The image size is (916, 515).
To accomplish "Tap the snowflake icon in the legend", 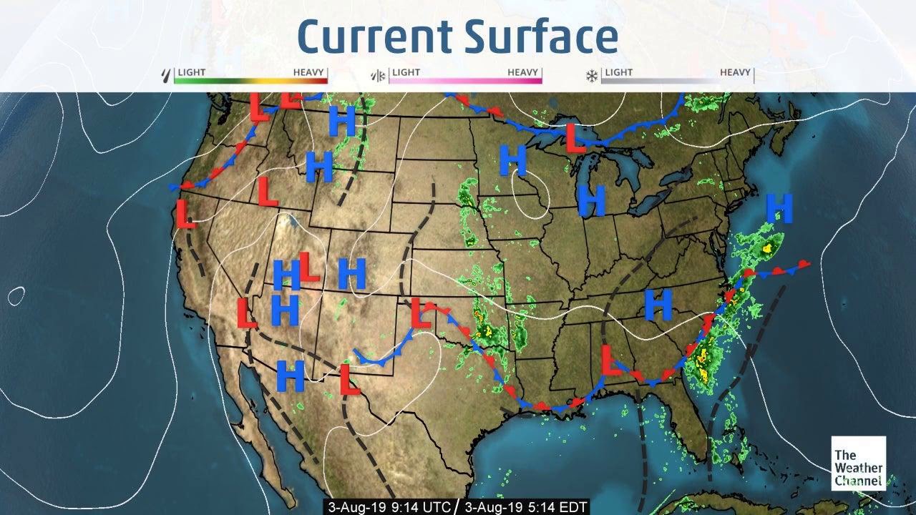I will coord(592,75).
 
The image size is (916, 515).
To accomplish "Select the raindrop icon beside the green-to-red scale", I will coord(167,74).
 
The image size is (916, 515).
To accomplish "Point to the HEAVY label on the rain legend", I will coord(309,72).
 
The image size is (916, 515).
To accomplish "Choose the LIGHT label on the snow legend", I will coord(618,72).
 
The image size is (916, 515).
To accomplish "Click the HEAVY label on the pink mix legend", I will coord(523,72).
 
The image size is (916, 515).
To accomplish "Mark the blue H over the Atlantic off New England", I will coord(779,209).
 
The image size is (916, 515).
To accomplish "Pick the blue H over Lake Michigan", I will coord(592,200).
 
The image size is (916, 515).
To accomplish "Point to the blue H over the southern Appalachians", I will coord(658,305).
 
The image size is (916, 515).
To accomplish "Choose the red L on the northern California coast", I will coord(185,214).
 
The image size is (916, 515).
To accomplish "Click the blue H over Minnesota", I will coord(512,160).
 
